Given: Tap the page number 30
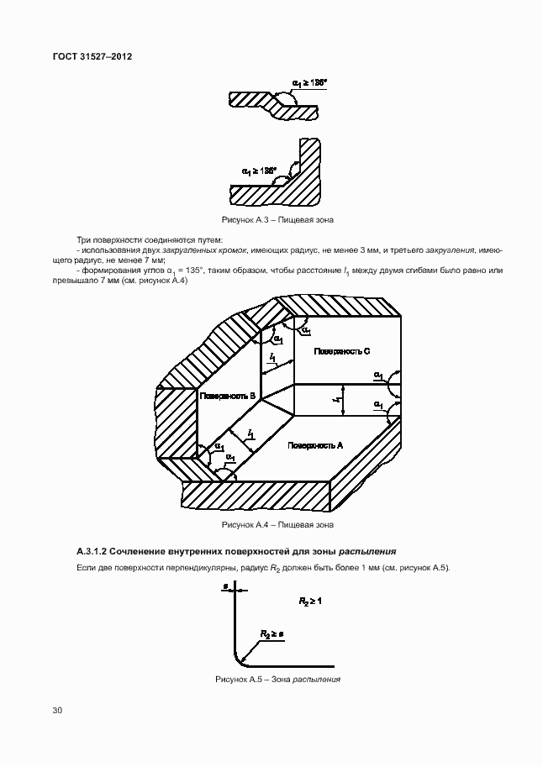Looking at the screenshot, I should (x=57, y=711).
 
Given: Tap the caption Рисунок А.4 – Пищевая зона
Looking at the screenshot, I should (x=277, y=525).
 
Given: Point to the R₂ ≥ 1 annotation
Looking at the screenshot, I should (x=310, y=602).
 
